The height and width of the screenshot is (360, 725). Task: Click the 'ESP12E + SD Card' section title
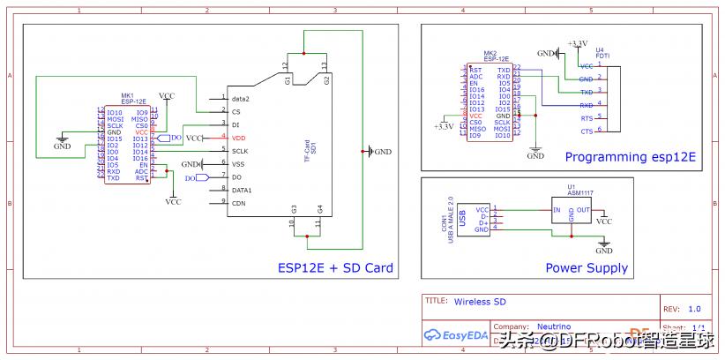pos(335,268)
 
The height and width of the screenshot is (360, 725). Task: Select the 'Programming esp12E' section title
pos(630,157)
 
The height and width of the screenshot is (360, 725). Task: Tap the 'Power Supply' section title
pos(587,268)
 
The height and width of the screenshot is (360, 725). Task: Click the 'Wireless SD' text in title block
pos(481,301)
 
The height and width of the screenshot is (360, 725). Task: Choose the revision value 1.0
pos(694,309)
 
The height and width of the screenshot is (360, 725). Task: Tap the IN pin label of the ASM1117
pos(557,210)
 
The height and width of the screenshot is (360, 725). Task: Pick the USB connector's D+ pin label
pos(482,222)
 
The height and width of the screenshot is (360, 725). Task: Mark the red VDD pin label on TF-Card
pos(239,139)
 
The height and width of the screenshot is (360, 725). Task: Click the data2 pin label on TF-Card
pos(241,99)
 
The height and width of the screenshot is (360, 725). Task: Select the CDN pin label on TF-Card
pos(239,203)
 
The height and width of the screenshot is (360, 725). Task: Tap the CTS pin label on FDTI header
pos(587,131)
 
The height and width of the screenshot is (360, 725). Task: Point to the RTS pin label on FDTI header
pos(587,117)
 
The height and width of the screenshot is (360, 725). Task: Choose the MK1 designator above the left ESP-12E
pos(127,95)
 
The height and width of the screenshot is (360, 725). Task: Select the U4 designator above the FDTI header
pos(601,50)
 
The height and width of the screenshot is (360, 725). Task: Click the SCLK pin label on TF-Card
pos(241,151)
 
